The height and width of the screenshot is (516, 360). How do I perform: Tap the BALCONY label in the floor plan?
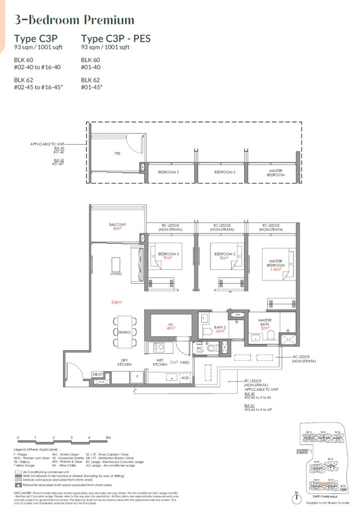click(x=117, y=225)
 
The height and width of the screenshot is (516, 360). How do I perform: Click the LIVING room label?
click(x=116, y=274)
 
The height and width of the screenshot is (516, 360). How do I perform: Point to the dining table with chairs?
click(x=124, y=332)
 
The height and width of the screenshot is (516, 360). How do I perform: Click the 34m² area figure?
click(x=118, y=302)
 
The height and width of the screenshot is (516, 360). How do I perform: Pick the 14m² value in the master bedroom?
click(x=275, y=269)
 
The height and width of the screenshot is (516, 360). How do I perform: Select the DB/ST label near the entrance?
click(x=98, y=374)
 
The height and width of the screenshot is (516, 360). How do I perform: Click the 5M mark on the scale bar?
click(x=107, y=437)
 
